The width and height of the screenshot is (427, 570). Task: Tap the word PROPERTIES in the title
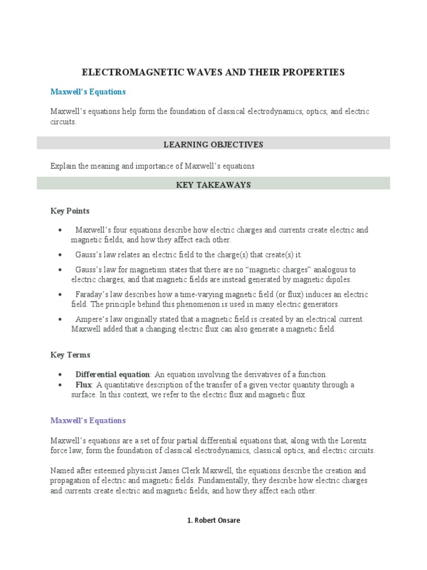coord(315,72)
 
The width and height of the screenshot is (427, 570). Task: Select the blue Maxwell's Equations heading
coord(88,91)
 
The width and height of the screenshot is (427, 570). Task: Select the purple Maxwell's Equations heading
coord(88,420)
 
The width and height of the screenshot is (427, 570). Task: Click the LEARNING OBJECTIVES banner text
coord(213,145)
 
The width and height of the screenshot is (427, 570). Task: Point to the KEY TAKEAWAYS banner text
coord(213,185)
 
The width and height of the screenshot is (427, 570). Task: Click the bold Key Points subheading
coord(69,211)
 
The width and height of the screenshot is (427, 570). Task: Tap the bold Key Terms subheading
coord(70,355)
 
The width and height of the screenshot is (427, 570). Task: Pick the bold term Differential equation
coord(113,375)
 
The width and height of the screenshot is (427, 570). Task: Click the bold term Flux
coord(84,385)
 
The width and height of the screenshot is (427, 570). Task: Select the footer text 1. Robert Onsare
coord(213,520)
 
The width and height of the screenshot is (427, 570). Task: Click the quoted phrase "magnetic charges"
coord(280,270)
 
